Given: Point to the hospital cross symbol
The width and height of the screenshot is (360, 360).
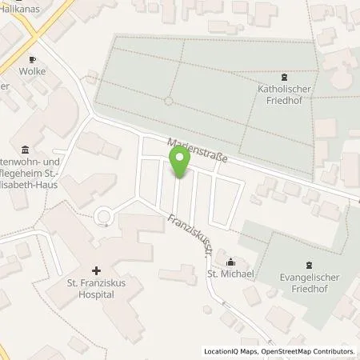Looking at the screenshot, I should pyautogui.click(x=96, y=271).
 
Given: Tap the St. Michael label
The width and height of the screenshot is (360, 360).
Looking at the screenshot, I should pyautogui.click(x=231, y=274).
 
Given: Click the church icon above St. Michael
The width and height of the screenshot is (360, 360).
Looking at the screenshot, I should pyautogui.click(x=231, y=261).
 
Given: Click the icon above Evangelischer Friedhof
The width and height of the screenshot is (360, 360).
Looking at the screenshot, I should pyautogui.click(x=310, y=265).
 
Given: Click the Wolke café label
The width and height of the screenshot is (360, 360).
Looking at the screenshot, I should pyautogui.click(x=33, y=71).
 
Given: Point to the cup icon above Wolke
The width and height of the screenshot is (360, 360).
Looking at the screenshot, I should pyautogui.click(x=33, y=58).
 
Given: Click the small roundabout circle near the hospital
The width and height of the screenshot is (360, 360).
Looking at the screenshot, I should pyautogui.click(x=103, y=216).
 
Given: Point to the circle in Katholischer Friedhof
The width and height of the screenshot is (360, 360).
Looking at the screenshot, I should pyautogui.click(x=168, y=101).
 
